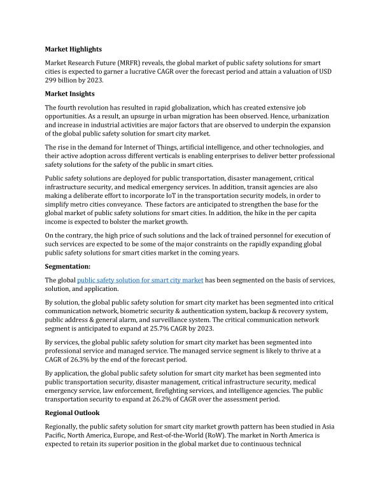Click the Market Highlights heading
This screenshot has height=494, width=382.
pos(73,49)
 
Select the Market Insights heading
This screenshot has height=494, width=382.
pos(70,94)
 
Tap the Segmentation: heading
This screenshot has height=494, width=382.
pos(67,267)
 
